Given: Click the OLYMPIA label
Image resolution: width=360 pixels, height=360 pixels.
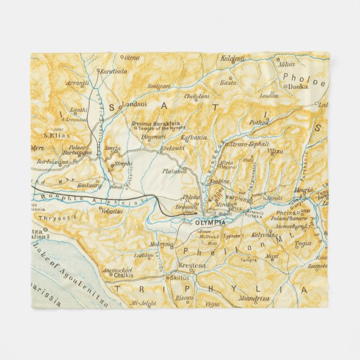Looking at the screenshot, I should click(210, 222).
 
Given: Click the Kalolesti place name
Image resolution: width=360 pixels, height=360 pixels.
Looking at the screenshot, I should click(233, 58).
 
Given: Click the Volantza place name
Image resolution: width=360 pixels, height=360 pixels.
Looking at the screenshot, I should click(112, 211).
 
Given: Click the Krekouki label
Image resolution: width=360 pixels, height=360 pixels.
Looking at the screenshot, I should click(173, 149).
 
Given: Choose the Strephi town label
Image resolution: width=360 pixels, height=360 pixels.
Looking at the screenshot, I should click(124, 164).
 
